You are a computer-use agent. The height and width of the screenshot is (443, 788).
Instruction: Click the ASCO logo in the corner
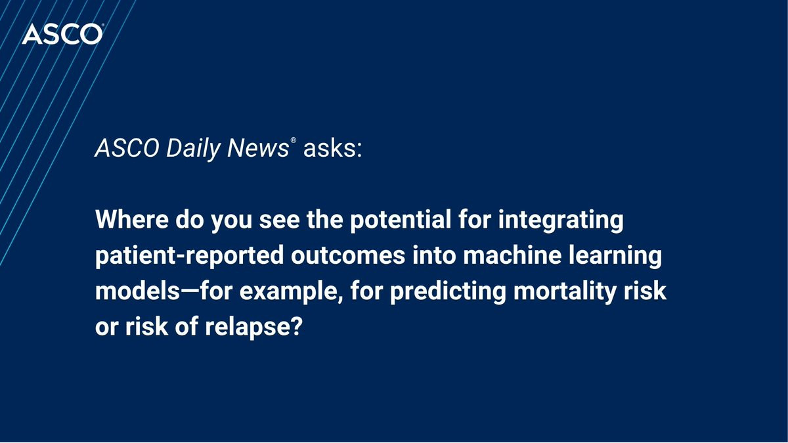tap(62, 34)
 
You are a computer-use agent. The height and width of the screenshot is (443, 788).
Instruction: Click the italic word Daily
tap(193, 149)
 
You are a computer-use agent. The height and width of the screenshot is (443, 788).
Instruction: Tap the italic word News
tap(258, 148)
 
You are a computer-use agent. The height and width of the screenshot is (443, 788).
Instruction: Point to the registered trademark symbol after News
tap(293, 141)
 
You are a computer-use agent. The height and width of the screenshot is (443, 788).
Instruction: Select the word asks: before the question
tap(333, 148)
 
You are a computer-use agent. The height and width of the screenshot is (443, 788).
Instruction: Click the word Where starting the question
tap(131, 219)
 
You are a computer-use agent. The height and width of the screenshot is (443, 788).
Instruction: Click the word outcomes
tap(348, 255)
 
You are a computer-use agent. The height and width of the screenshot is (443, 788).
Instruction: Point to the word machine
tap(512, 255)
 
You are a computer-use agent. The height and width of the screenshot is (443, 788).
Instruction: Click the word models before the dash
tap(137, 291)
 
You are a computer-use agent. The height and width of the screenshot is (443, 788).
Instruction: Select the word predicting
tap(448, 292)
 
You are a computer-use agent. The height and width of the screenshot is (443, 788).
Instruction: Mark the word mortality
tap(565, 292)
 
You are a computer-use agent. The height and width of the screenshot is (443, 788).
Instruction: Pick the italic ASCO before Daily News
tap(127, 148)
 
